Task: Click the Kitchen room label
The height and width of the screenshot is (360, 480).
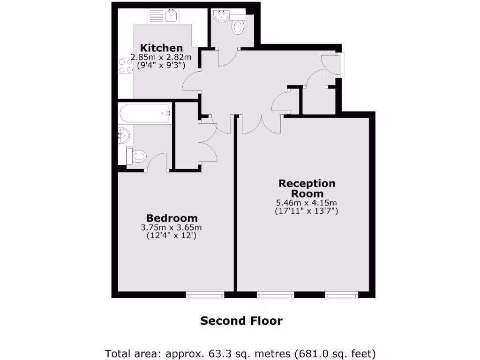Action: coord(162,48)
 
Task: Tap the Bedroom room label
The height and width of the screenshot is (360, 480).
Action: coord(172,218)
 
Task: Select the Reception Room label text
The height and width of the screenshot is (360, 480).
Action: coord(307,188)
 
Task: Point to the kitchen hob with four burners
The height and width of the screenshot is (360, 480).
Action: coord(125,65)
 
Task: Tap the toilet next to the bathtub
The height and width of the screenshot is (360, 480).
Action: coord(137,156)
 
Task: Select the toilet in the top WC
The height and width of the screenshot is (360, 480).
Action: coord(238,26)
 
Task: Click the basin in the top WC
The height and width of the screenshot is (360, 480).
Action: coord(220,17)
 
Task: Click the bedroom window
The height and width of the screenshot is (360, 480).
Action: coord(205,295)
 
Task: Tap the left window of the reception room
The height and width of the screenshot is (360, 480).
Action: coord(275,295)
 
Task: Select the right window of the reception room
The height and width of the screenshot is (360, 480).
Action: coord(342,295)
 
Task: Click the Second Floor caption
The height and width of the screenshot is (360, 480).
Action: coord(241,321)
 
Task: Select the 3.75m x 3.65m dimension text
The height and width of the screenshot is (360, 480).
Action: coord(172,228)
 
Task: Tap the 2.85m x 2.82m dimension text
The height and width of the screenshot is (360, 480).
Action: coord(161,57)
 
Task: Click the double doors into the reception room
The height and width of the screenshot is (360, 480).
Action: coord(261,125)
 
